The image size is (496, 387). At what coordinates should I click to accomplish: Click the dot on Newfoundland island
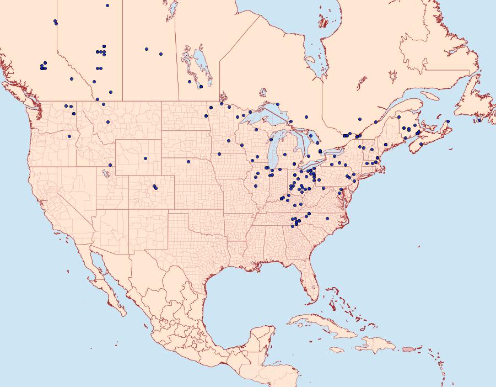[x=479, y=120]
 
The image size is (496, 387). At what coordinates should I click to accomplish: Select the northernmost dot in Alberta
[x=107, y=6]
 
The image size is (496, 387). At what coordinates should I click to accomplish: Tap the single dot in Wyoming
[x=145, y=158]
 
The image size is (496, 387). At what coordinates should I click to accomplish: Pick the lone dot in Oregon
[x=69, y=136]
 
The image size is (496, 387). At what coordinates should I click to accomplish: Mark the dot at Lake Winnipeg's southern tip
[x=201, y=87]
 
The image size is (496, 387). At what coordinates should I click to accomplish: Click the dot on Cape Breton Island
[x=448, y=121]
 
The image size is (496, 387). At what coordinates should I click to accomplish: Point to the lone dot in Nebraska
[x=188, y=162]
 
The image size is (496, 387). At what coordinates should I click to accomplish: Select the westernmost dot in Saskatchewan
[x=147, y=49]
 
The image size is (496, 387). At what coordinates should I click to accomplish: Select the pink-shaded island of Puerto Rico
[x=407, y=348]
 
